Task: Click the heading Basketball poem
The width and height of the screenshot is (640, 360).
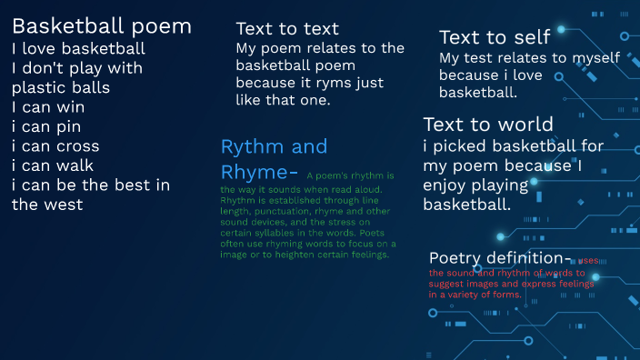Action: click(101, 26)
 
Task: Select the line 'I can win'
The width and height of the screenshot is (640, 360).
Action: click(46, 107)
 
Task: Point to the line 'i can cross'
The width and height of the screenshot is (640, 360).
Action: click(55, 146)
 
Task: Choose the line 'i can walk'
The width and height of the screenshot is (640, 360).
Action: click(53, 165)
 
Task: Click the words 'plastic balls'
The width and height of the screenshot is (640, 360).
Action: click(61, 88)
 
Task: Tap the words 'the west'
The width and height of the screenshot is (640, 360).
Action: click(47, 205)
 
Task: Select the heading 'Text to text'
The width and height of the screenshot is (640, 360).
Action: click(287, 29)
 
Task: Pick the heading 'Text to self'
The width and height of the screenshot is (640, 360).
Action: click(495, 37)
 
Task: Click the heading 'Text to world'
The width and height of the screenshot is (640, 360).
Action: click(488, 125)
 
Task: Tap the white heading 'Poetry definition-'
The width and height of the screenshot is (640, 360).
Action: click(501, 257)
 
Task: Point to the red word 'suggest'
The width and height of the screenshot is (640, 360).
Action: click(448, 284)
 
